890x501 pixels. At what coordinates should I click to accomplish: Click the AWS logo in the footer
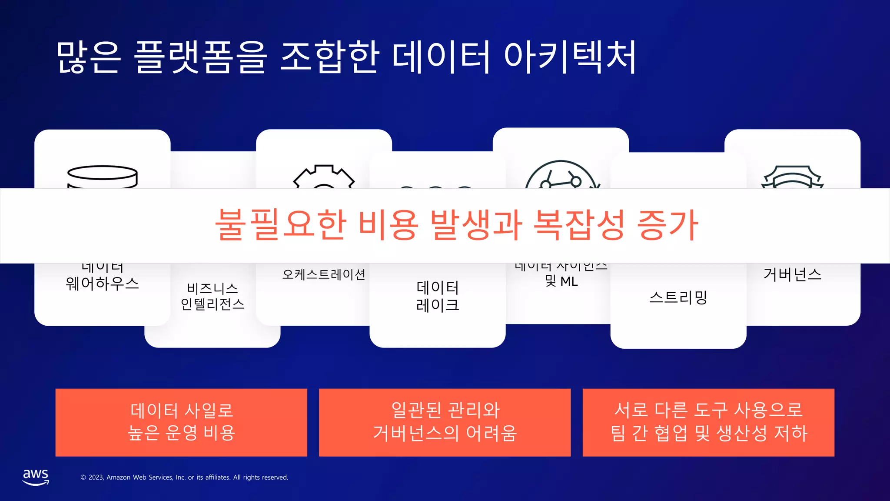36,477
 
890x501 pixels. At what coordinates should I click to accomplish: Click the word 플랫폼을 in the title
200,57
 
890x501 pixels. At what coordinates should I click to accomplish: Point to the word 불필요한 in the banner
281,224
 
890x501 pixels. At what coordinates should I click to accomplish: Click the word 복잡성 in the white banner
579,224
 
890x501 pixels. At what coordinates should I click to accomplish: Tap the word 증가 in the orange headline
667,224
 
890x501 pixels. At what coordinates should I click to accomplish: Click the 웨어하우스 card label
103,284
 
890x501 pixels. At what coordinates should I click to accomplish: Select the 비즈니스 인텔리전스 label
213,296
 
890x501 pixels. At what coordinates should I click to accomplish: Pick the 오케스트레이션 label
324,274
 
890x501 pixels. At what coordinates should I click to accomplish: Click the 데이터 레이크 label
438,296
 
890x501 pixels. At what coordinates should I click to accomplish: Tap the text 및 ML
561,281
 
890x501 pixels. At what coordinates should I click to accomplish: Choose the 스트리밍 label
678,297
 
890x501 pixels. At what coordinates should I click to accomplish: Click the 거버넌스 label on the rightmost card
792,274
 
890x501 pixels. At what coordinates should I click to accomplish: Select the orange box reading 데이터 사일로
181,422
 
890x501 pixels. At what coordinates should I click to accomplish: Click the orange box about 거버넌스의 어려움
445,422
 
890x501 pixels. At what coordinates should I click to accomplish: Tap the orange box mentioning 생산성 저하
708,422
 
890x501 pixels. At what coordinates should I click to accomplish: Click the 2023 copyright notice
184,477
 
